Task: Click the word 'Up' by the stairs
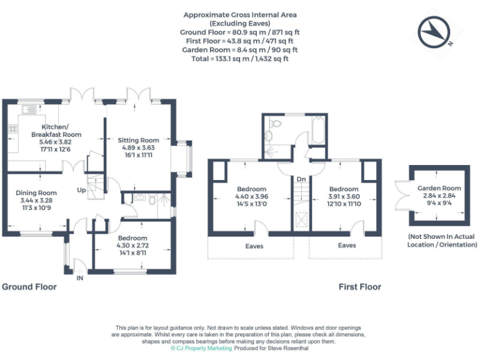pos(81,190)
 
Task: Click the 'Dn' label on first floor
pos(301,179)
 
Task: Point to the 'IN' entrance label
pos(79,277)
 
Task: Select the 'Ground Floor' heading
pos(29,287)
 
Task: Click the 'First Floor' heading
pos(360,287)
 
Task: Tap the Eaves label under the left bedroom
pos(254,246)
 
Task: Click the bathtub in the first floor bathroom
pos(317,131)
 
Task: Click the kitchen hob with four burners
pos(12,129)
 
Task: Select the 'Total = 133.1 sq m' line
pos(240,58)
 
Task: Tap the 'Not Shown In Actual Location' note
pos(442,241)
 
